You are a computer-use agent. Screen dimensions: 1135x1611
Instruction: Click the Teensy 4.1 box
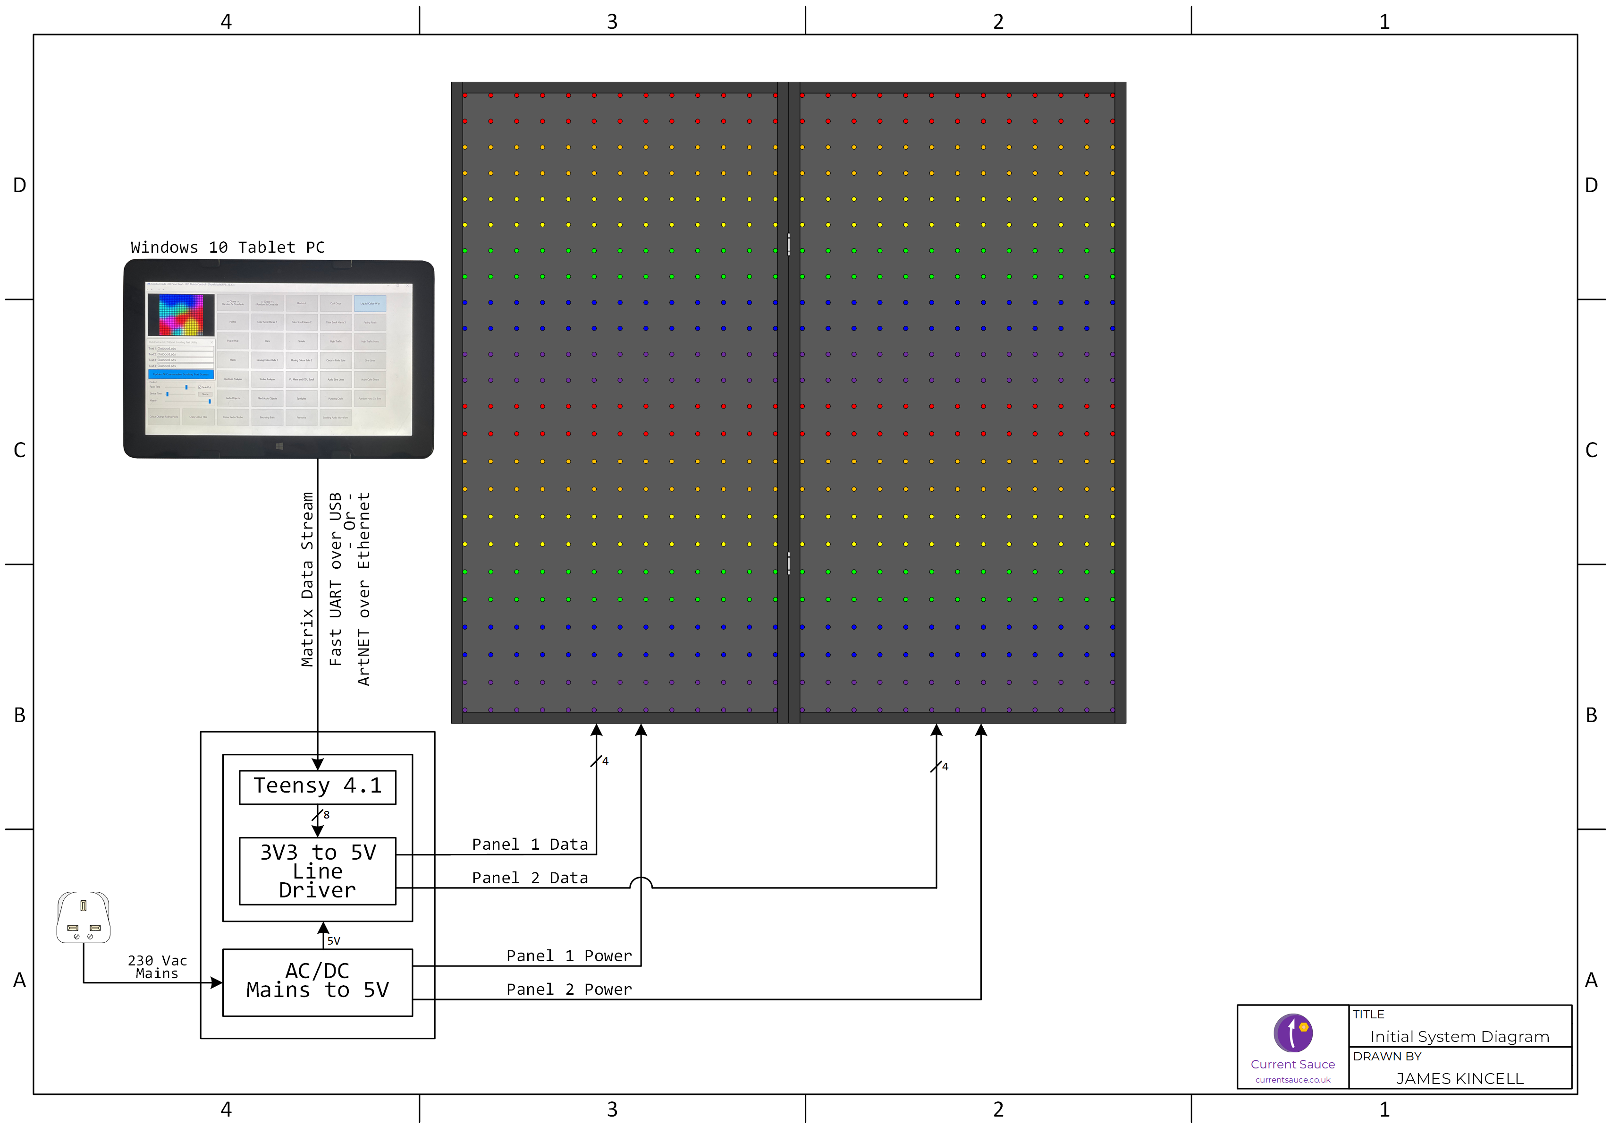click(317, 787)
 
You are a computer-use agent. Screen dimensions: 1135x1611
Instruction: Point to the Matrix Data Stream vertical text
click(307, 579)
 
